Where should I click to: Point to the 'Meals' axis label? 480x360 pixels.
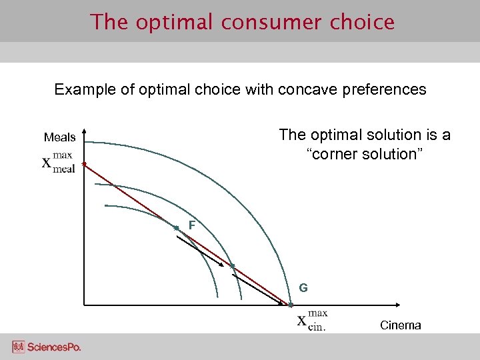click(x=59, y=137)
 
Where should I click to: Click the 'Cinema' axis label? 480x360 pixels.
click(x=400, y=325)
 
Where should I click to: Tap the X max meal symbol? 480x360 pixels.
click(x=59, y=163)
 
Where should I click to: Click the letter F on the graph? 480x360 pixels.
click(x=191, y=226)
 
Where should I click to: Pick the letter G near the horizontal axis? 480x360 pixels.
click(x=303, y=288)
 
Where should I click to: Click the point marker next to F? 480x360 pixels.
click(x=176, y=228)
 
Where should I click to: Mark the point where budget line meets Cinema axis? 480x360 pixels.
click(x=290, y=305)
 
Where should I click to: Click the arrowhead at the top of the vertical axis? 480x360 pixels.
click(x=84, y=133)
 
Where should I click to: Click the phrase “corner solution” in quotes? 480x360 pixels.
click(x=365, y=154)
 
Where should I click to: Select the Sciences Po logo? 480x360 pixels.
click(x=46, y=347)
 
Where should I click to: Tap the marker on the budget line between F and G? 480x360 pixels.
click(x=232, y=266)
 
